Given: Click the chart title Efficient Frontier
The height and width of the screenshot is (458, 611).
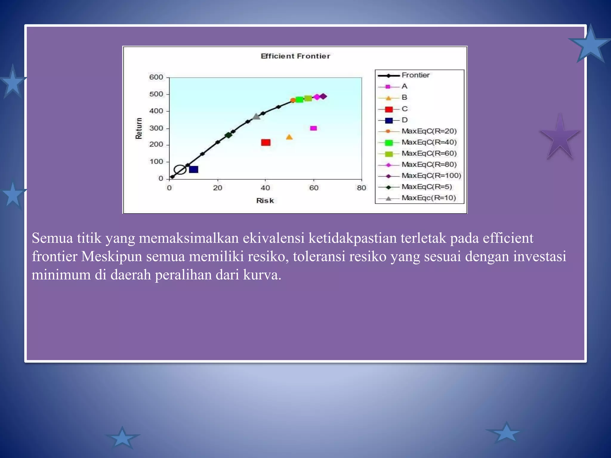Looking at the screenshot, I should [295, 56].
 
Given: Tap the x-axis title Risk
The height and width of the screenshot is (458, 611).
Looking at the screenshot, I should [265, 201].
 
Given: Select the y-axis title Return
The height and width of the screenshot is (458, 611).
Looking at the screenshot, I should [139, 128].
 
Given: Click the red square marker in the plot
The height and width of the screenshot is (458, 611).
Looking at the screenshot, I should [266, 143].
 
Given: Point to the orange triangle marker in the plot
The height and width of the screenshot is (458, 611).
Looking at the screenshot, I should [289, 137].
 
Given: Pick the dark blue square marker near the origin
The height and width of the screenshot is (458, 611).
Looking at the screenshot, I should [194, 169].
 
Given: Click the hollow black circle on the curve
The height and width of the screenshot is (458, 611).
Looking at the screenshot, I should [180, 170].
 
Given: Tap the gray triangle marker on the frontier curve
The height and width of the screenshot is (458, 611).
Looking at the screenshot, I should [256, 117].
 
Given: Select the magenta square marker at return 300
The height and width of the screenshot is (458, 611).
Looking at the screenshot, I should [313, 128].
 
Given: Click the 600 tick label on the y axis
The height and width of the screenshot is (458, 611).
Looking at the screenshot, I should [156, 77].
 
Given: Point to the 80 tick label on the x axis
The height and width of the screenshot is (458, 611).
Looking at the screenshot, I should [361, 188].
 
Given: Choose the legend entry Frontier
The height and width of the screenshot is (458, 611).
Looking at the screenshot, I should [415, 75].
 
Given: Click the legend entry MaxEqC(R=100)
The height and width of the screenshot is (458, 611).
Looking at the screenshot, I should [431, 176].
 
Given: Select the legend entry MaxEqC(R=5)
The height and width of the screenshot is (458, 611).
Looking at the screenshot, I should [427, 187].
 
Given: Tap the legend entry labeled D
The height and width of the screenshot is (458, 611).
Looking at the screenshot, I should [405, 120].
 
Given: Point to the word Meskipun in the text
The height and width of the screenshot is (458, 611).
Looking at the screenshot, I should [112, 256].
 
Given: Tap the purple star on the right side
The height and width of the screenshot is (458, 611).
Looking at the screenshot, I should [560, 137].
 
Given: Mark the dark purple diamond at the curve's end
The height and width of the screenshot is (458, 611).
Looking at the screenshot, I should [323, 96].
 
